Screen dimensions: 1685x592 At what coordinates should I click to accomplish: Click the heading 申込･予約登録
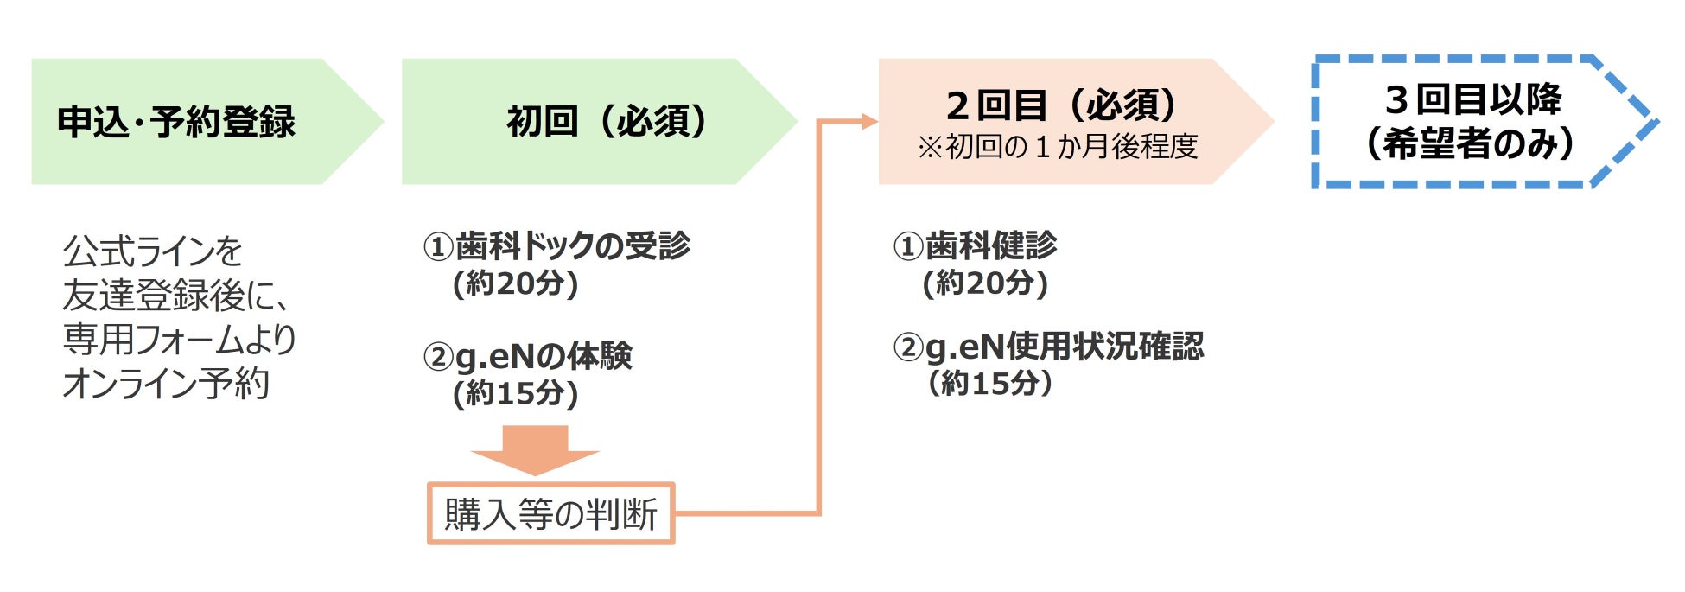[176, 122]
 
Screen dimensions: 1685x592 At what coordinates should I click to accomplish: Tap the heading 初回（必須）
[607, 121]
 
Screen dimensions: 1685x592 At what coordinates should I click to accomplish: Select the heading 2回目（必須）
[1062, 105]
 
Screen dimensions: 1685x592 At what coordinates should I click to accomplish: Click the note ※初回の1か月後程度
[1058, 147]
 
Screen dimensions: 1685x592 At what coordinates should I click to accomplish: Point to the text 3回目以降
[1473, 100]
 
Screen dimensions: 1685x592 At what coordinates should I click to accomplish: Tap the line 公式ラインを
[153, 251]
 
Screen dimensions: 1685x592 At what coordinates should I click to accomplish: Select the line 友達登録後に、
[176, 296]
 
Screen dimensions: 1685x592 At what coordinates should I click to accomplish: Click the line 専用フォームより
[180, 339]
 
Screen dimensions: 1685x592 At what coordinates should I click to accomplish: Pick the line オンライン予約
[166, 383]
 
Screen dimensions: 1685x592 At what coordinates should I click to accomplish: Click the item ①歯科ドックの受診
[556, 246]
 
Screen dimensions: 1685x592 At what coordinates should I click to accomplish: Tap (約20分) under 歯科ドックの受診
[516, 283]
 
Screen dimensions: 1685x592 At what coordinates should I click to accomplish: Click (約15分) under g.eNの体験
[516, 393]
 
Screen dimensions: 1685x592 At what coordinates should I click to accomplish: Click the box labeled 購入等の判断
[551, 514]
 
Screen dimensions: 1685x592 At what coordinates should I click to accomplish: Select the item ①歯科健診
[975, 246]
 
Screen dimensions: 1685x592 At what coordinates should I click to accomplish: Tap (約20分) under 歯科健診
[985, 283]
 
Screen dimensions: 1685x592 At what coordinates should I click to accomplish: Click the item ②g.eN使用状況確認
[1048, 347]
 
